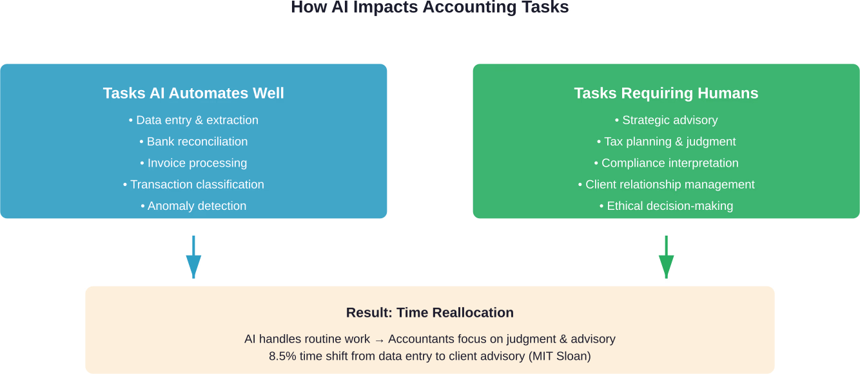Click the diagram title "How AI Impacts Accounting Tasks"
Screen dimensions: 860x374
[x=429, y=8]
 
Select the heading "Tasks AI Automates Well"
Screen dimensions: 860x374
[x=193, y=93]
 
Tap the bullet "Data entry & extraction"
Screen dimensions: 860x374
[x=193, y=120]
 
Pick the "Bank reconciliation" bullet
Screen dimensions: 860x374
[x=193, y=142]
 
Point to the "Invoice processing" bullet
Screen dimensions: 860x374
[x=193, y=164]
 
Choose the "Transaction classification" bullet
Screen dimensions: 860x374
[x=193, y=185]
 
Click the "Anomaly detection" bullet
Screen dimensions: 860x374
[x=193, y=206]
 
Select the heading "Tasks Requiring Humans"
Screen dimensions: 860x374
[x=666, y=93]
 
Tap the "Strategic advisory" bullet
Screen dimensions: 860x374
[x=666, y=120]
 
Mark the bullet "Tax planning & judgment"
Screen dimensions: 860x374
[x=666, y=142]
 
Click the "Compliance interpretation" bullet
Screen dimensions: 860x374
[x=666, y=164]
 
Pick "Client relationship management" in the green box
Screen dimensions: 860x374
[x=666, y=185]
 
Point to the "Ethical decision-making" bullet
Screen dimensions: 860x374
[x=666, y=206]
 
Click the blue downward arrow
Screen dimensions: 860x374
[x=193, y=257]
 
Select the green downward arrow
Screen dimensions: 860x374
[x=666, y=257]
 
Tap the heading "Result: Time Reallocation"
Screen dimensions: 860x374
[x=430, y=313]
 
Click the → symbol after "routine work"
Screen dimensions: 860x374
[x=379, y=339]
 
